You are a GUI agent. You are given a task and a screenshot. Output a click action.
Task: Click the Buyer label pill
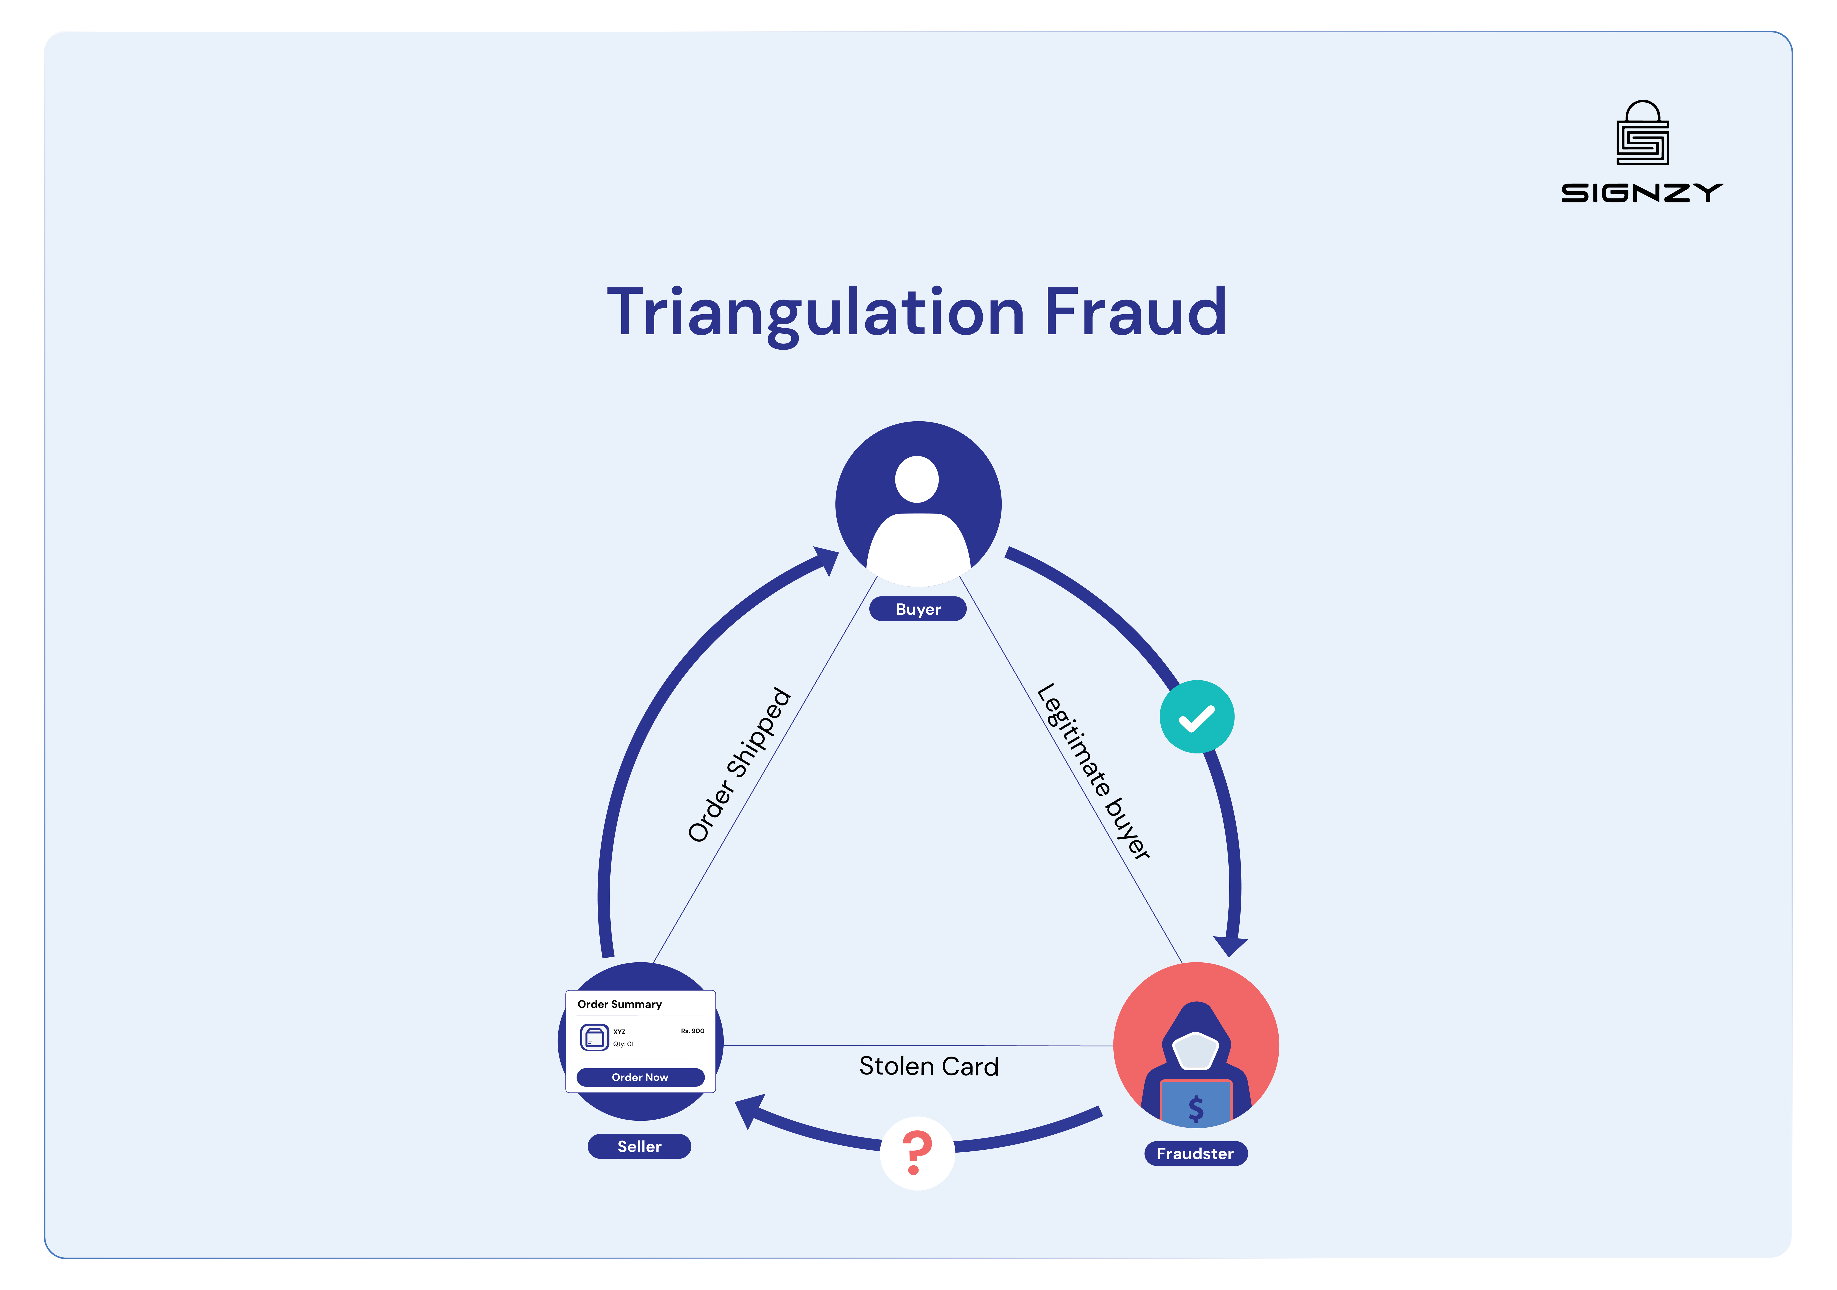[918, 609]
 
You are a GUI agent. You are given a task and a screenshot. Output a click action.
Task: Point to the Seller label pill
[639, 1146]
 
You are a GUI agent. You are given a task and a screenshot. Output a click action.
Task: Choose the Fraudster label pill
[1195, 1153]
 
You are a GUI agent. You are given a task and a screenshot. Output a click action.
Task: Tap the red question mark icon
[917, 1152]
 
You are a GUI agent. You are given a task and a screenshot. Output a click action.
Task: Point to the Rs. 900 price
[692, 1031]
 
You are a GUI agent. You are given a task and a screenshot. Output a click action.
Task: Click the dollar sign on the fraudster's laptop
[1195, 1108]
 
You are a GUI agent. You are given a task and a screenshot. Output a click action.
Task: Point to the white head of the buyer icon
[917, 479]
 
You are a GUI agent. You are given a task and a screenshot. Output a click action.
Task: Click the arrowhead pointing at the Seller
[748, 1111]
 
